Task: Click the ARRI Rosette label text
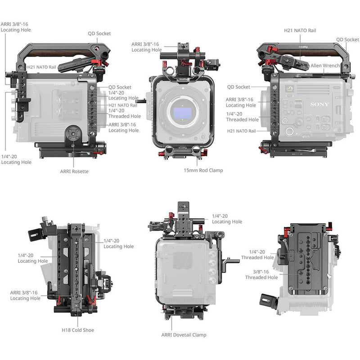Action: (74, 171)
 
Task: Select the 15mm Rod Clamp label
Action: (203, 170)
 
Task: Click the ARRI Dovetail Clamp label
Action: (184, 335)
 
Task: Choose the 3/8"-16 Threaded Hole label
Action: (261, 274)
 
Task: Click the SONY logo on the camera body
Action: (319, 104)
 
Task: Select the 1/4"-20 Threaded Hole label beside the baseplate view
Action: (257, 255)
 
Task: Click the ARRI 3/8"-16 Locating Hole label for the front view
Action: (146, 47)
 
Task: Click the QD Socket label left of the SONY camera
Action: (238, 87)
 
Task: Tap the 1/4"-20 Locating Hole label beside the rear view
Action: (227, 219)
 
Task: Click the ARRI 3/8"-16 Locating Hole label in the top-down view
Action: (25, 295)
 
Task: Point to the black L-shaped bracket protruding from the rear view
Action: (232, 261)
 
